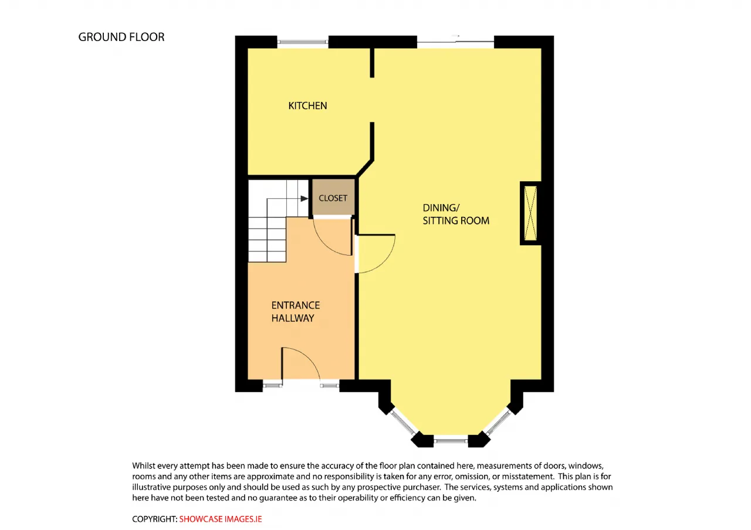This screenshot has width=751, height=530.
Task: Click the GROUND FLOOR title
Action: coord(121,37)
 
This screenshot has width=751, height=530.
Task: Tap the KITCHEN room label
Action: coord(307,106)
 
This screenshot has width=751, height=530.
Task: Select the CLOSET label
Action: coord(333,198)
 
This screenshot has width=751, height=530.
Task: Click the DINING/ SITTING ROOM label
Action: coord(456,214)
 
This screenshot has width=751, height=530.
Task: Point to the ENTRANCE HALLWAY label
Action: coord(295,311)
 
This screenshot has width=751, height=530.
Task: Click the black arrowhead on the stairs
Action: coord(304,199)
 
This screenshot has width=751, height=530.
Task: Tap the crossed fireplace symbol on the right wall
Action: coord(530,213)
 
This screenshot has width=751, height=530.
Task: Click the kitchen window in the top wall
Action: coord(303,42)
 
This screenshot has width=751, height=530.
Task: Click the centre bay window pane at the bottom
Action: coord(451,441)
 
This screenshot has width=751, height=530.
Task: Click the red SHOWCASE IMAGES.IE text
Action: coord(220,519)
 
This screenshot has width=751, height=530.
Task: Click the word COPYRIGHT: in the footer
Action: coord(154,519)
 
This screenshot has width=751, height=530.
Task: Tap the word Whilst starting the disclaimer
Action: coord(144,466)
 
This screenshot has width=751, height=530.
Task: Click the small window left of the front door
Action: coord(272,386)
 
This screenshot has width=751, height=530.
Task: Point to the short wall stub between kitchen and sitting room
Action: coord(372,63)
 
